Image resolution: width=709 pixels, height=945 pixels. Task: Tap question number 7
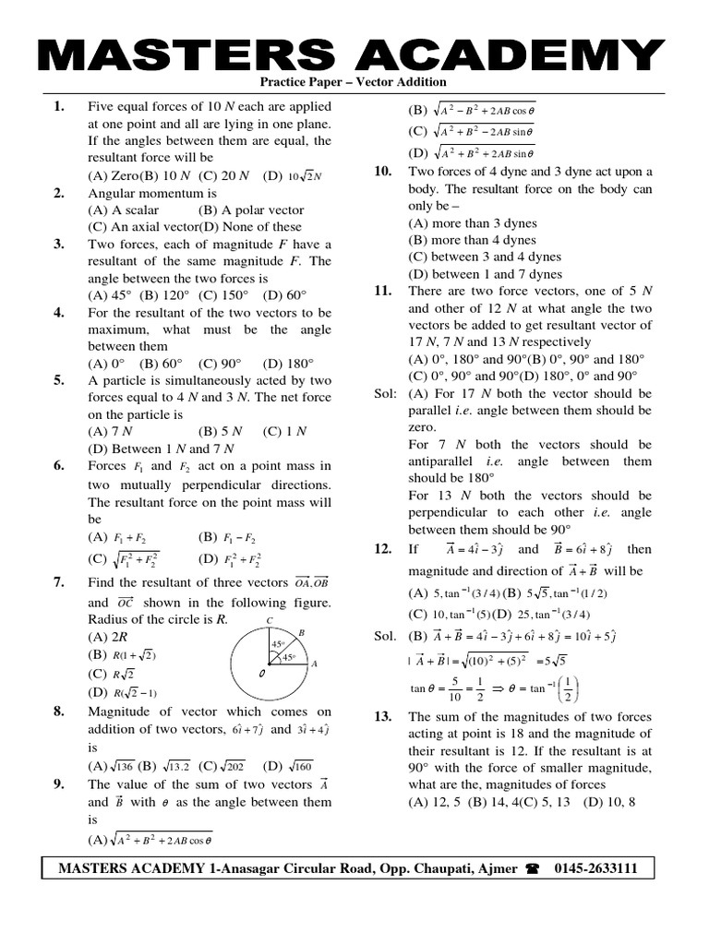[58, 582]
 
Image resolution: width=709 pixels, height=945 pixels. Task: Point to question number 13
[383, 717]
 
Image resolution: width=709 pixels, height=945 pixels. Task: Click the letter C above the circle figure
[270, 620]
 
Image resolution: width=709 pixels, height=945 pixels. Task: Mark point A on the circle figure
[314, 664]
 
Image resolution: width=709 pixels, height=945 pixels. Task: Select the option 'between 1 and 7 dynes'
[485, 274]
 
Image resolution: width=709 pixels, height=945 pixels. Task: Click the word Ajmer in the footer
[497, 869]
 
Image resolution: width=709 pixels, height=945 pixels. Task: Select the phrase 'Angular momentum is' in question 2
[152, 193]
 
